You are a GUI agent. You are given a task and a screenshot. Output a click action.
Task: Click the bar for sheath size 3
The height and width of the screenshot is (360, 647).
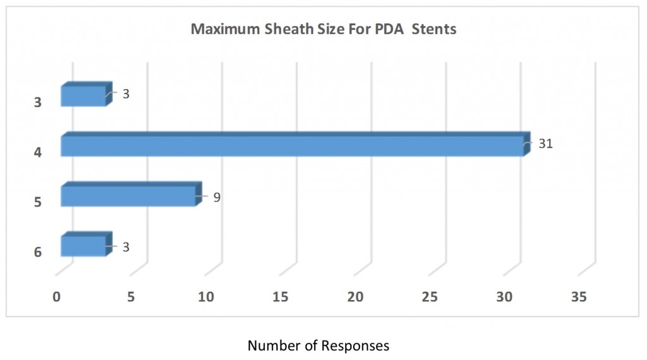[83, 96]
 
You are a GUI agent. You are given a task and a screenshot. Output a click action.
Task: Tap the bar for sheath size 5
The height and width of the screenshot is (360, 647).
[128, 196]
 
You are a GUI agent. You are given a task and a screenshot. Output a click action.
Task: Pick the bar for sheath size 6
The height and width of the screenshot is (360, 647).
[83, 246]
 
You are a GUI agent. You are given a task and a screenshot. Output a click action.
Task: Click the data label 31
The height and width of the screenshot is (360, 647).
[546, 144]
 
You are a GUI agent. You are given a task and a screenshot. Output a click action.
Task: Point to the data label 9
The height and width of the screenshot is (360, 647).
[216, 197]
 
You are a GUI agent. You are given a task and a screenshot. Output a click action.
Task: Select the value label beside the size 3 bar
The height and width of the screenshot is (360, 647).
[126, 94]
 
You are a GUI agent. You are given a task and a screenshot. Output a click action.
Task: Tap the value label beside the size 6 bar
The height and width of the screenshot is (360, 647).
[126, 247]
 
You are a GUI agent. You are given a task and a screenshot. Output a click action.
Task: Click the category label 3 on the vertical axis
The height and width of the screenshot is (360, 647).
[37, 102]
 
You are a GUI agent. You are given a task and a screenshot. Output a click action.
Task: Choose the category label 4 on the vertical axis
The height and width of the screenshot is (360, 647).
[37, 152]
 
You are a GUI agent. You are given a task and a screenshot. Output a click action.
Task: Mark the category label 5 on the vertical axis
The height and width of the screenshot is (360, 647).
[37, 202]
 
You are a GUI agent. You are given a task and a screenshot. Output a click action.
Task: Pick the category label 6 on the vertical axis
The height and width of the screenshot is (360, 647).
[37, 252]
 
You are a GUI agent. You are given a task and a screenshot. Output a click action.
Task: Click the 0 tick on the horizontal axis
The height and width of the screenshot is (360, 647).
[57, 297]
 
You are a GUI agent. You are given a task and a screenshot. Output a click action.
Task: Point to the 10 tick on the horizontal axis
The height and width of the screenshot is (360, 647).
[206, 297]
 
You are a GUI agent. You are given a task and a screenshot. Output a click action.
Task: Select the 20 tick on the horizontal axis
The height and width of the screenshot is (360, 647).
[356, 297]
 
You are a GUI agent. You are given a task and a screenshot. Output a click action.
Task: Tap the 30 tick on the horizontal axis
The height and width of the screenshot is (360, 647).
[505, 297]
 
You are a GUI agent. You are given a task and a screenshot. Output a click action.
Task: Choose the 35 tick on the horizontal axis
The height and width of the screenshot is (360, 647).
[579, 297]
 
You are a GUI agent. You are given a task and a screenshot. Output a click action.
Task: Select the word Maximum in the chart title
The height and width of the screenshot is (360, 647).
[220, 30]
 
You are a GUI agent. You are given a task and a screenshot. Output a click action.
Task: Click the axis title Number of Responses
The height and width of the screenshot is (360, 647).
[318, 345]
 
